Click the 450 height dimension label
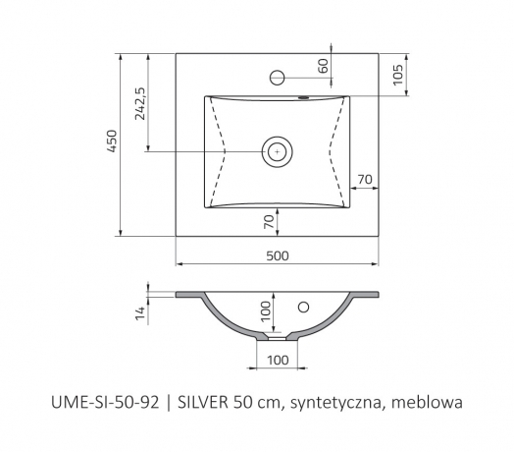tap(113, 141)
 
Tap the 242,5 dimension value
tap(140, 103)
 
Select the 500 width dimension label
tap(278, 255)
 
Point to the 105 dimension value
tap(397, 75)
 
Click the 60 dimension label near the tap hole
tap(323, 66)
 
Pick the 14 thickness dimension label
tap(140, 313)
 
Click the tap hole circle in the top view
tap(277, 78)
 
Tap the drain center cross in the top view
tap(278, 151)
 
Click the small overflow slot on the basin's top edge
tap(304, 97)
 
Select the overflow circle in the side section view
tap(303, 308)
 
